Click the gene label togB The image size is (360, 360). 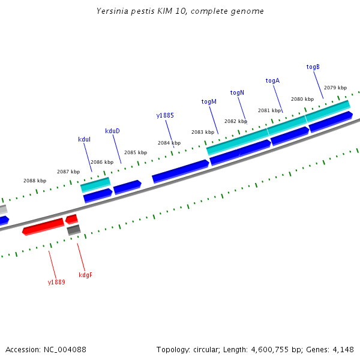click(x=313, y=67)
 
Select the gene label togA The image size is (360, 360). click(x=272, y=80)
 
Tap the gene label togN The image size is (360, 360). click(x=237, y=92)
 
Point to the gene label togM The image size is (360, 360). click(x=209, y=101)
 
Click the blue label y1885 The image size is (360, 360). click(x=165, y=115)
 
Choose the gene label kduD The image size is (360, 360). click(x=112, y=131)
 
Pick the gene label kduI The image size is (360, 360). click(x=84, y=139)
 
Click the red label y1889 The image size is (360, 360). click(x=56, y=281)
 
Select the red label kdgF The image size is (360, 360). click(x=86, y=275)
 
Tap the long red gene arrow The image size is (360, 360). click(x=43, y=226)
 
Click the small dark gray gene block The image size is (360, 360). click(x=74, y=230)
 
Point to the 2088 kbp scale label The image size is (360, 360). click(x=35, y=181)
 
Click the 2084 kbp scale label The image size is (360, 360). click(x=169, y=143)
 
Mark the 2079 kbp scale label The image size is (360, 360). click(x=335, y=88)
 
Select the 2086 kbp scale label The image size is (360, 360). click(x=101, y=162)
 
